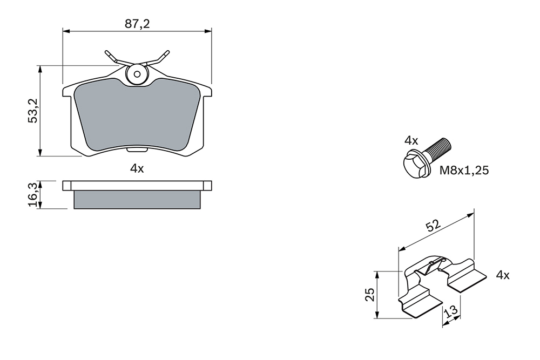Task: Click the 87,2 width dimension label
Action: click(137, 24)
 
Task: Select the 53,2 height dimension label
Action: click(33, 111)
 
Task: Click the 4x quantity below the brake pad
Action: click(137, 168)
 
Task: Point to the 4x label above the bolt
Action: click(411, 140)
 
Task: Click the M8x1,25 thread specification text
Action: click(464, 171)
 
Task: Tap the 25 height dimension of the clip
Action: click(370, 294)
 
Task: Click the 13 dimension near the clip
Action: click(452, 311)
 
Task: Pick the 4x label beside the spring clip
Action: click(502, 275)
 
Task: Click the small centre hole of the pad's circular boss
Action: click(137, 74)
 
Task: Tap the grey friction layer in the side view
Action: click(137, 200)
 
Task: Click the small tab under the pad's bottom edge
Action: click(137, 150)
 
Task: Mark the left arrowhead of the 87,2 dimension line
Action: click(66, 31)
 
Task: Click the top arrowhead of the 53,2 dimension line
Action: click(40, 69)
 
